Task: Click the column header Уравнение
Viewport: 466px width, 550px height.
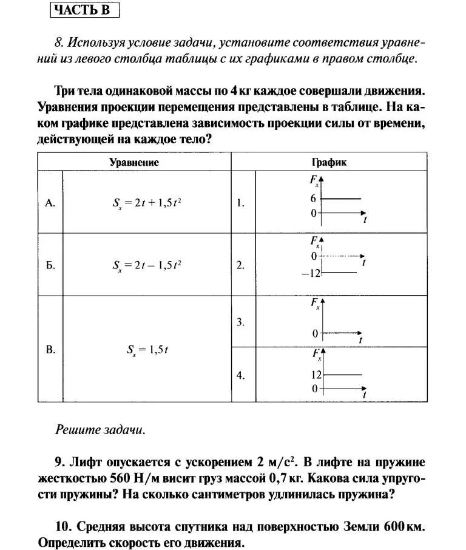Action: (x=133, y=162)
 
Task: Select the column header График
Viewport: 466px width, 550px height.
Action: (x=329, y=162)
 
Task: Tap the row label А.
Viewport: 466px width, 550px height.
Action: (x=50, y=203)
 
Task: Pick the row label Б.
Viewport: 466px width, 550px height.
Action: (x=50, y=265)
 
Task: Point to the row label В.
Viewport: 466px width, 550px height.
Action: (x=50, y=349)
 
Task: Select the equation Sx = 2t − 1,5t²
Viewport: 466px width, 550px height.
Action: (x=147, y=265)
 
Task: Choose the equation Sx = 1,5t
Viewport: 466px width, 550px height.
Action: (x=147, y=350)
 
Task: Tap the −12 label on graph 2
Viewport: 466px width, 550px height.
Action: (x=310, y=273)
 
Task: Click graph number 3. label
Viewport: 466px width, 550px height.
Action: (x=241, y=322)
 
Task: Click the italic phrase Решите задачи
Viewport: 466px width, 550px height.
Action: (x=101, y=430)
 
